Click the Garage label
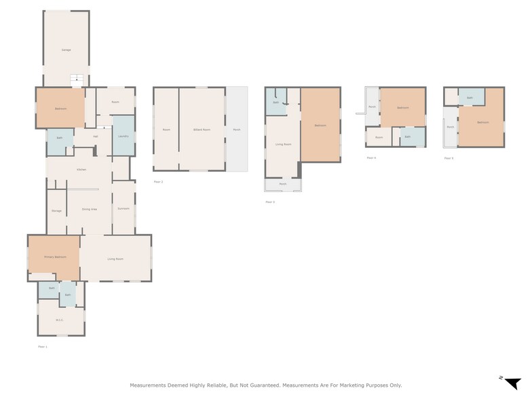click(x=66, y=50)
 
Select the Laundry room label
click(x=123, y=136)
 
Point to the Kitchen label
click(x=81, y=169)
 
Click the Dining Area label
click(x=90, y=210)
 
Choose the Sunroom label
click(x=123, y=208)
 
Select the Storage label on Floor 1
click(x=56, y=211)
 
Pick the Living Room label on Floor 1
click(x=115, y=259)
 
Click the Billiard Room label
click(x=202, y=130)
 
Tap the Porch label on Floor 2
click(x=236, y=130)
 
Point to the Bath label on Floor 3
click(x=276, y=102)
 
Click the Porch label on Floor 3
click(x=282, y=184)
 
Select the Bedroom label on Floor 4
click(x=403, y=108)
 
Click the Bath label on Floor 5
click(x=470, y=98)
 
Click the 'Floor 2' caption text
click(x=158, y=182)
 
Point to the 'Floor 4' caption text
click(x=370, y=157)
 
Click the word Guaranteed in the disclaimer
click(x=258, y=385)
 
